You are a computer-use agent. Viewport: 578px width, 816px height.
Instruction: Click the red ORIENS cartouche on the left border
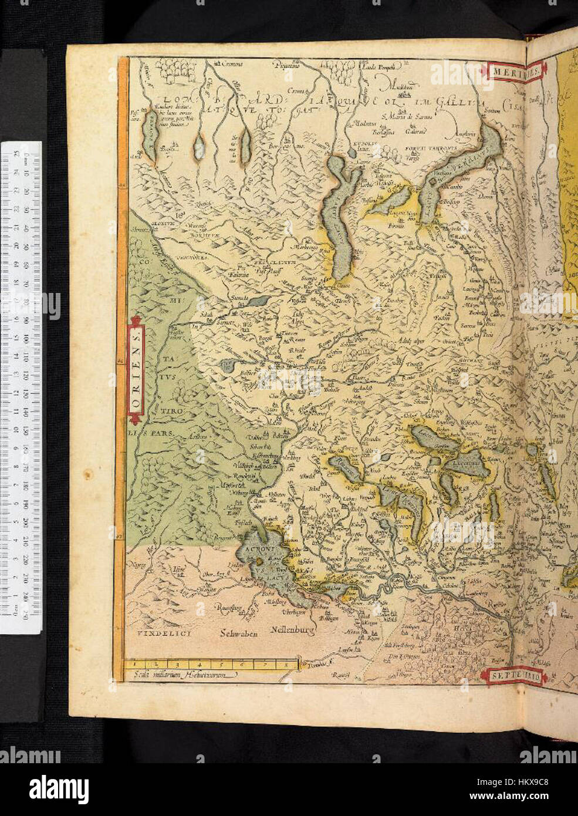pyautogui.click(x=136, y=370)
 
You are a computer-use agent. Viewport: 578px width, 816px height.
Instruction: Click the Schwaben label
pyautogui.click(x=240, y=634)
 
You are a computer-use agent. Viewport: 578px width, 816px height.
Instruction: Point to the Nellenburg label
pyautogui.click(x=293, y=630)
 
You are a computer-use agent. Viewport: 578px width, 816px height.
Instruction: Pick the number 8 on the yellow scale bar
pyautogui.click(x=285, y=665)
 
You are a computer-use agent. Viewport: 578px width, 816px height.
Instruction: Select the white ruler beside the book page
pyautogui.click(x=21, y=387)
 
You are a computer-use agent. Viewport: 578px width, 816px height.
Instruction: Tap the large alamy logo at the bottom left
pyautogui.click(x=59, y=787)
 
